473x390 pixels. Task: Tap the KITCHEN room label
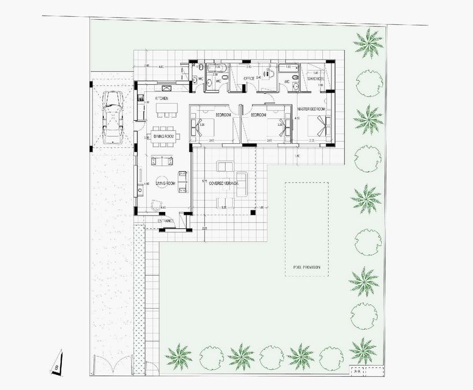click(x=162, y=99)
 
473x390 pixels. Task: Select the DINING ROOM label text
click(x=164, y=136)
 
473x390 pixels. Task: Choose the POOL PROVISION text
click(x=307, y=268)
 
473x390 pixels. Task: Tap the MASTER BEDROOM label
click(x=311, y=109)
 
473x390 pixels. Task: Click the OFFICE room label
click(x=249, y=78)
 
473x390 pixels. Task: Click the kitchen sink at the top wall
click(x=166, y=88)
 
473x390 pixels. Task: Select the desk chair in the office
click(x=268, y=73)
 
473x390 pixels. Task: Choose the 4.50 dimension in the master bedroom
click(x=297, y=118)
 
